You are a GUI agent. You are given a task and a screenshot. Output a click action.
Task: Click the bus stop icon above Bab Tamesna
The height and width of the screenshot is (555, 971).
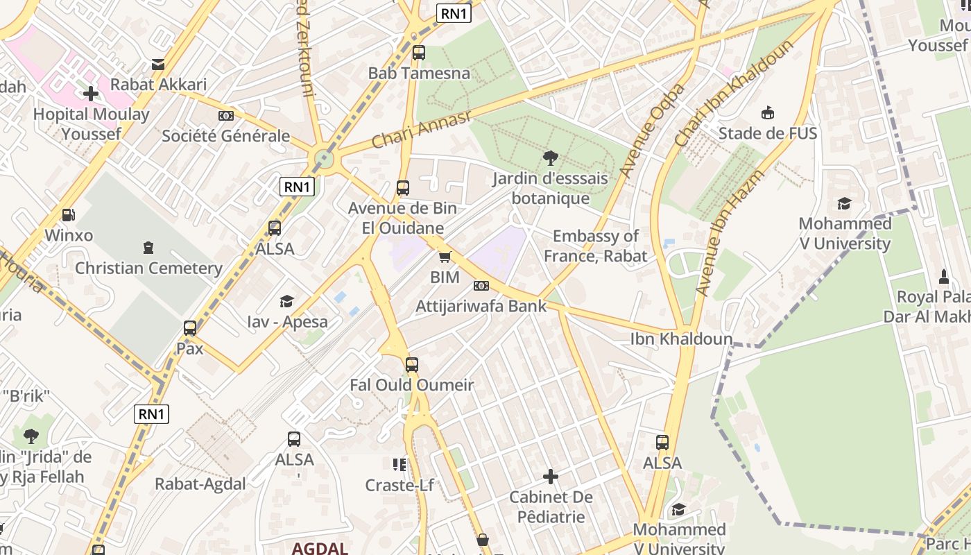click(x=418, y=52)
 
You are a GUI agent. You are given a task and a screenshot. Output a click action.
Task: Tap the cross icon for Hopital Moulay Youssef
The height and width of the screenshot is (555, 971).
click(x=91, y=94)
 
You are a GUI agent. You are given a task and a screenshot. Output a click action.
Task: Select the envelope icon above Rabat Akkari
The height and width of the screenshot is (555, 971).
click(x=159, y=65)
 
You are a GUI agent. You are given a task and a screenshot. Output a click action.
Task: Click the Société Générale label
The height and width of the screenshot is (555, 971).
click(x=225, y=136)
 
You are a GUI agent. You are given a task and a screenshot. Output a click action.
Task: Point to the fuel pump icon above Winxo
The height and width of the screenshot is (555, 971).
click(x=68, y=215)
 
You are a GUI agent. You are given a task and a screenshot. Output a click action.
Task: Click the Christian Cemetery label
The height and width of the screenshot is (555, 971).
click(x=148, y=268)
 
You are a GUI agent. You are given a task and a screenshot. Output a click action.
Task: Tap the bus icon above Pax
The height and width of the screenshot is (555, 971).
click(x=190, y=328)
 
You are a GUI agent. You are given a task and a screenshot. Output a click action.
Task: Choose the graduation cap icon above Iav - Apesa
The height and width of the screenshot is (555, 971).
click(x=286, y=301)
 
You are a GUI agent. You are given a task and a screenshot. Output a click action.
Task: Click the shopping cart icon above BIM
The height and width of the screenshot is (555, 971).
click(x=445, y=257)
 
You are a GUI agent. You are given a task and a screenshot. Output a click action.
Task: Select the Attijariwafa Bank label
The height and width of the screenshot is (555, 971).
click(x=481, y=306)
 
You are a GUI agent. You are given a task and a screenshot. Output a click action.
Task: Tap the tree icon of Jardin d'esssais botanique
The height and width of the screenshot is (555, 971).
click(x=551, y=157)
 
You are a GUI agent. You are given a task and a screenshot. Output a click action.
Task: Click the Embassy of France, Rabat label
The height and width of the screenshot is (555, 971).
click(x=595, y=246)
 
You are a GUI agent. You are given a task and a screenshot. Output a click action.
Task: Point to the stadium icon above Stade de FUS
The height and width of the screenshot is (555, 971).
click(x=768, y=112)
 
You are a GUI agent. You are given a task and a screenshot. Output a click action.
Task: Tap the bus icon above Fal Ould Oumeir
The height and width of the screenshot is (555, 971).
click(x=412, y=364)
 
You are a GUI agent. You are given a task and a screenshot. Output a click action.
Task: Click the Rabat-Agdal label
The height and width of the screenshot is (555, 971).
click(x=200, y=484)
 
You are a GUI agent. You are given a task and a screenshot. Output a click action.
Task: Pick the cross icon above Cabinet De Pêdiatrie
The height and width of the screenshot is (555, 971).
click(x=551, y=477)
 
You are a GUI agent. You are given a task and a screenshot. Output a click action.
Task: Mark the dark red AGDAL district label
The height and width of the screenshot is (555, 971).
click(x=320, y=548)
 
